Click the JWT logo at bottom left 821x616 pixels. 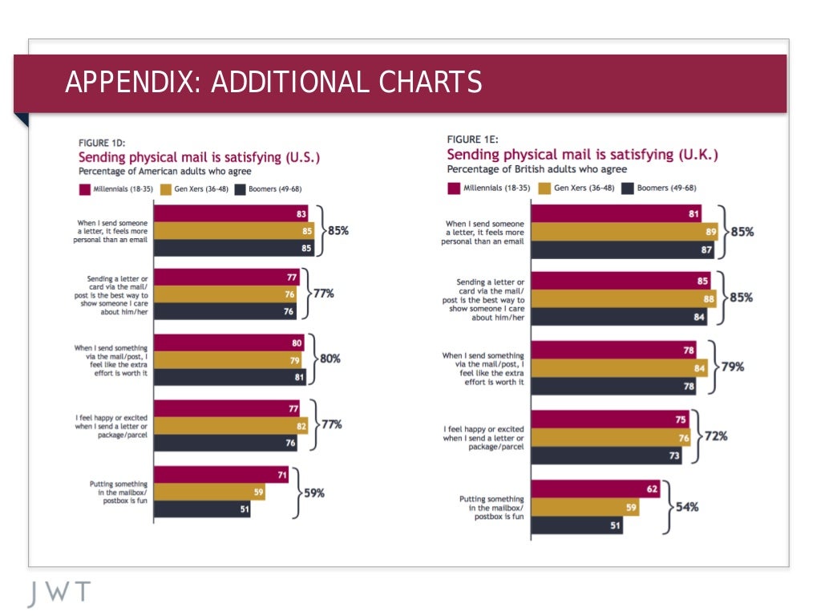tap(59, 594)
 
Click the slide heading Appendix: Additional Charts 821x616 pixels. tap(273, 82)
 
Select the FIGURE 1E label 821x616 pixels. tap(472, 139)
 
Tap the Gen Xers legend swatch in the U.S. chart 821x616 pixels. tap(166, 190)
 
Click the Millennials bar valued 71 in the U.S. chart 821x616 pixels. tap(220, 475)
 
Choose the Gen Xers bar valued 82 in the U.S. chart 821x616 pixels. tap(231, 424)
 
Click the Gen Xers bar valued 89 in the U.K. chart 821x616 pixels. tap(624, 232)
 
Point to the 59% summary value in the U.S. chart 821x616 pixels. tap(313, 493)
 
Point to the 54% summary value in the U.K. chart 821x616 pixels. tap(686, 507)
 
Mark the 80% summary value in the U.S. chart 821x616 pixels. tap(330, 359)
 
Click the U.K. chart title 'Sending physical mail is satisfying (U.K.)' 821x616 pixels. tap(582, 154)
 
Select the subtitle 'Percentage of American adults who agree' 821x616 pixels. tap(164, 171)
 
